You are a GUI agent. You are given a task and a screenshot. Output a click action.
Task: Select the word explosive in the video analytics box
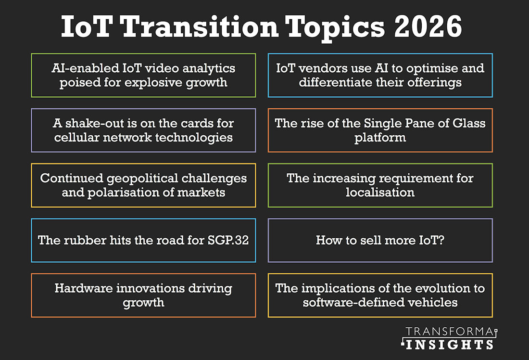151,82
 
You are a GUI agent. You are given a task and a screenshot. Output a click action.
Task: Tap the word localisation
380,192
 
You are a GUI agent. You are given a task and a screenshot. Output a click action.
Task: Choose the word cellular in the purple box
76,137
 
